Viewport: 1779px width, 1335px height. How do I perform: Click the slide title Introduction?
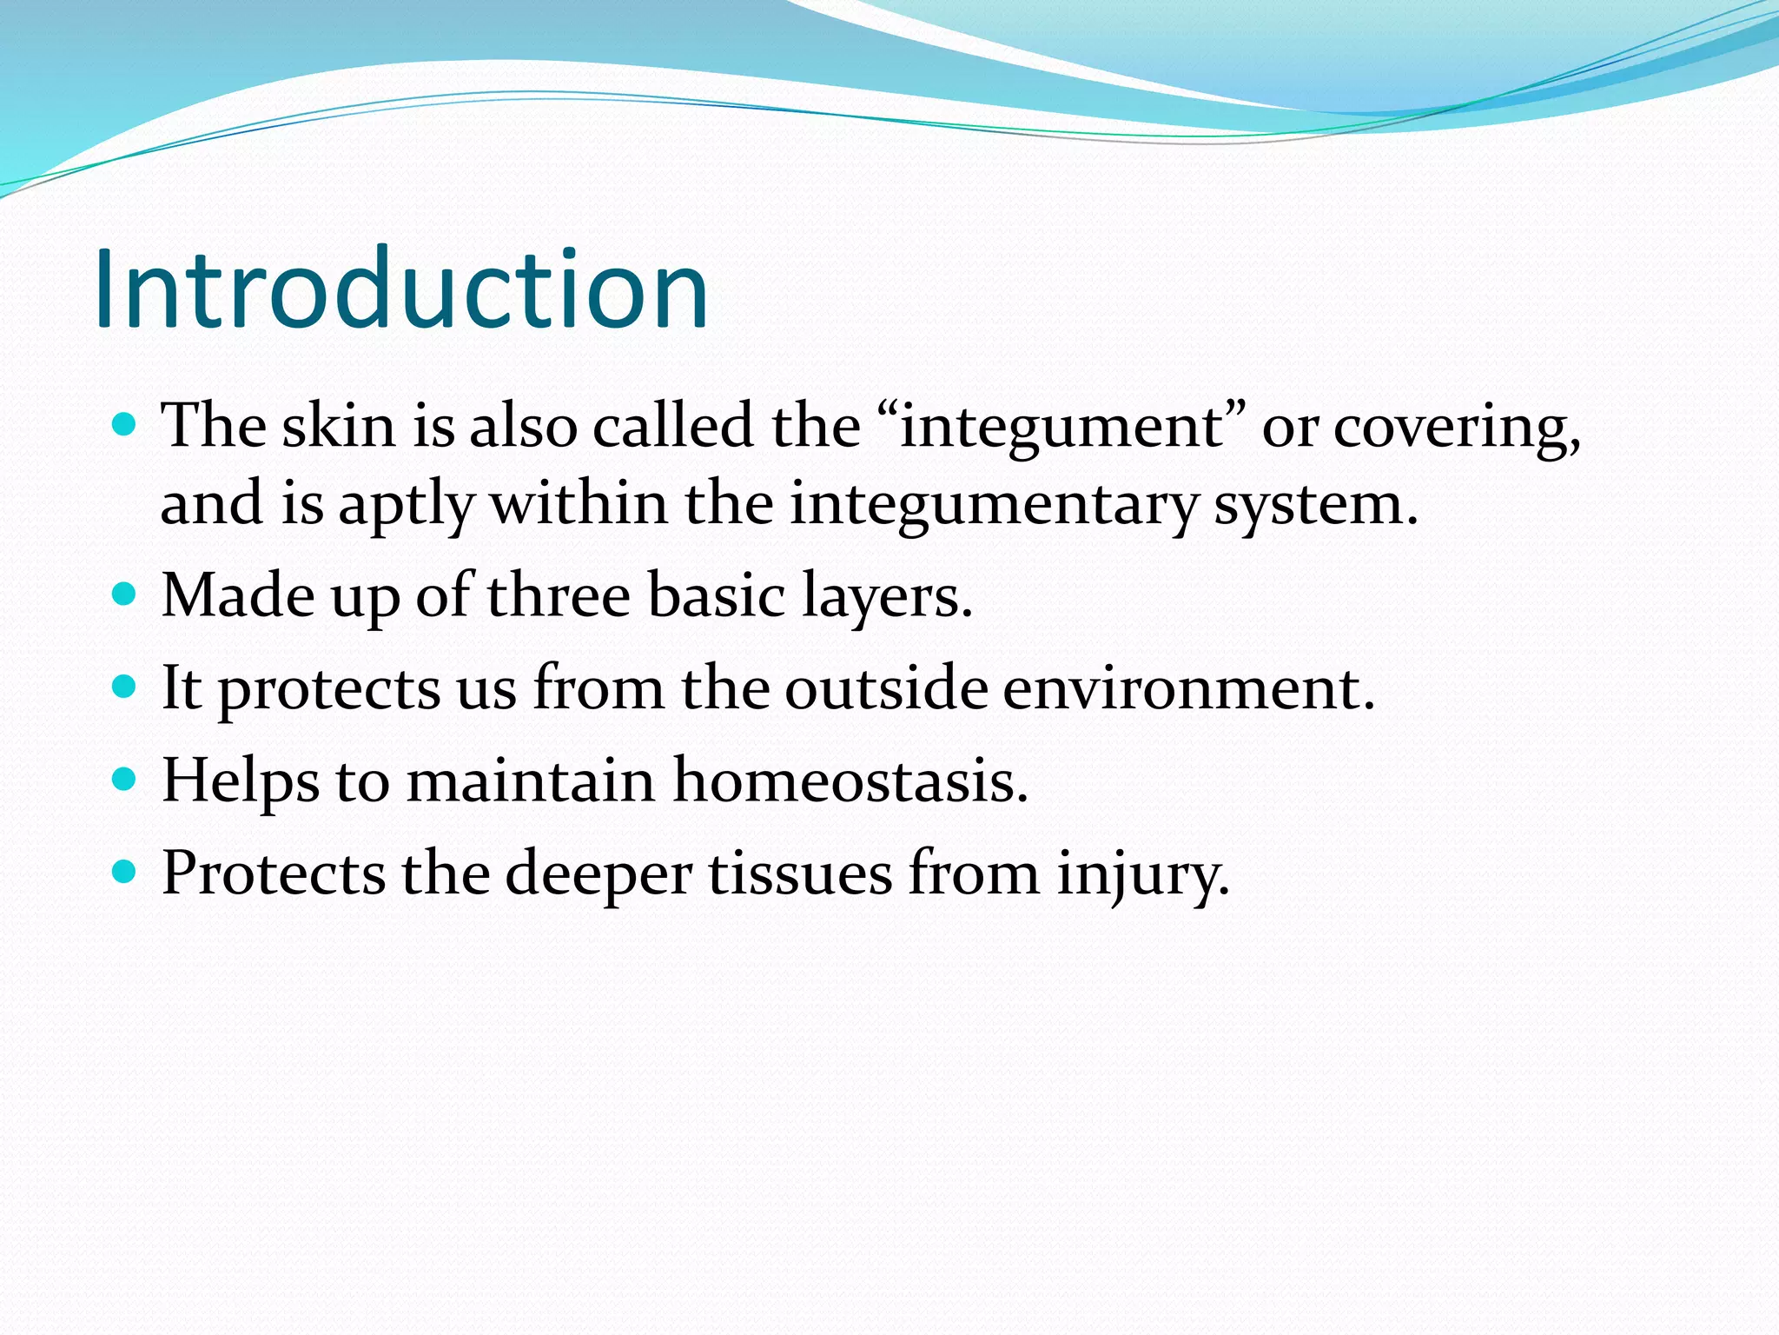coord(401,289)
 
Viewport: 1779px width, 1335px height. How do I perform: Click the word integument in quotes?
coord(1061,427)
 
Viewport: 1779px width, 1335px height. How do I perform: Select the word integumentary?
coord(993,504)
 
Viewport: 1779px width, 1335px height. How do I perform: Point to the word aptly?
coord(406,504)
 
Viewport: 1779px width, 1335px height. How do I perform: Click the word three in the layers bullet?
coord(559,596)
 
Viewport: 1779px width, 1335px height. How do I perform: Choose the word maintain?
coord(531,780)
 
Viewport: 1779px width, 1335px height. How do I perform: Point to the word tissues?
coord(800,873)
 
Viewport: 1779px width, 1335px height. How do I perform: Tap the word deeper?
coord(599,873)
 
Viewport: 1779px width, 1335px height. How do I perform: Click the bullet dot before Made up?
coord(125,594)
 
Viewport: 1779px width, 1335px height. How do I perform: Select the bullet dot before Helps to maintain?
coord(125,779)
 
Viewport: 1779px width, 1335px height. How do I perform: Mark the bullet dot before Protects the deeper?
coord(125,871)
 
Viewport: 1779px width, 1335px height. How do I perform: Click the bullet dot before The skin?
coord(125,425)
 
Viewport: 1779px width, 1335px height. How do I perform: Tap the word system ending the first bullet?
coord(1313,504)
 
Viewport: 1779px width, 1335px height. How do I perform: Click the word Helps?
coord(241,780)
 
